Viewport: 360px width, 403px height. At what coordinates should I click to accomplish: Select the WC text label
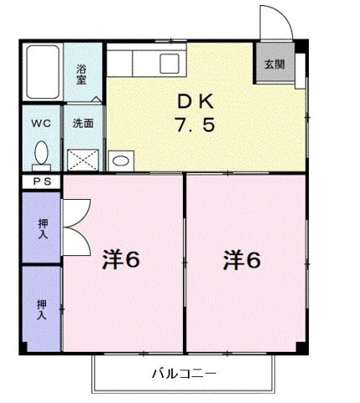click(x=40, y=123)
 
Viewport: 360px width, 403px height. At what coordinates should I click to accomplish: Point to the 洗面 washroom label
click(x=83, y=123)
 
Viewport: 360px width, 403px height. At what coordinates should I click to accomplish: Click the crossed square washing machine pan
click(x=83, y=157)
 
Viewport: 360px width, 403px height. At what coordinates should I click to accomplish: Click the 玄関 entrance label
click(x=274, y=64)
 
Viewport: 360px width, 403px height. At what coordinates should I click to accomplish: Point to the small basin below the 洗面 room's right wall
click(x=120, y=160)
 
